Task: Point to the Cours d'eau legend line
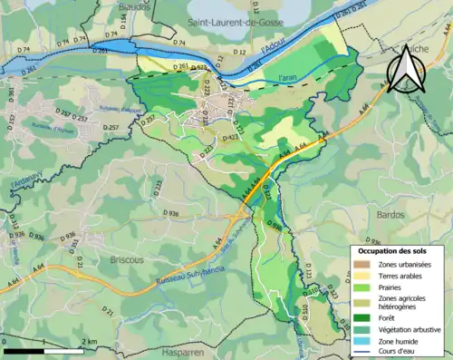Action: (x=363, y=353)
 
